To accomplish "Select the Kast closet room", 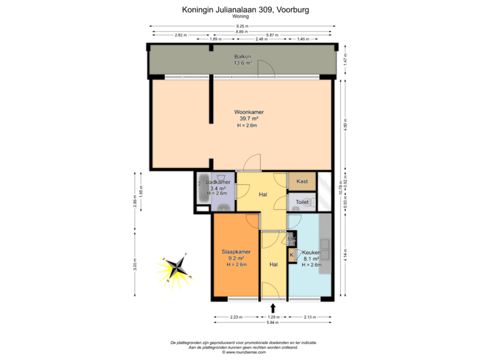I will click(x=302, y=181).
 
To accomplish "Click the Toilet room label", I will click(x=302, y=201).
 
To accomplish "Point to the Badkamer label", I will click(x=218, y=183).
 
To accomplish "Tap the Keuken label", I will click(x=311, y=253).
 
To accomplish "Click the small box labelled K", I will click(x=291, y=254).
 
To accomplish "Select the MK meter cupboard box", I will click(x=291, y=238).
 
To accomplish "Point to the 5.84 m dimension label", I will click(x=272, y=322).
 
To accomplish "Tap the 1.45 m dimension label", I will click(x=304, y=39).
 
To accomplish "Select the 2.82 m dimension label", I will click(x=179, y=35).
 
